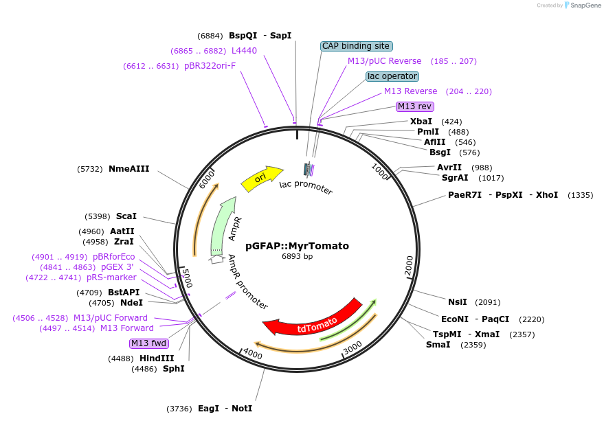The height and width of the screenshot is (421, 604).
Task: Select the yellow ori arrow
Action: (x=262, y=178)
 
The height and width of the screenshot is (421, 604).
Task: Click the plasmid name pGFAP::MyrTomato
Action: (x=297, y=245)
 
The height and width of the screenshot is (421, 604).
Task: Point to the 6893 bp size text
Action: (x=297, y=256)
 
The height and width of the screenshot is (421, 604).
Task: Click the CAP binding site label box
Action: (x=356, y=46)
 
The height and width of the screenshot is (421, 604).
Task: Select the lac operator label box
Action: (x=392, y=76)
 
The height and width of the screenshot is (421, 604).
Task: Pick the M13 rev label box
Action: (x=415, y=106)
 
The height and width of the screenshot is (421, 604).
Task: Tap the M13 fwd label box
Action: (x=148, y=343)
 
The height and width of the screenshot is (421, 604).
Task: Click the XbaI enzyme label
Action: (x=421, y=122)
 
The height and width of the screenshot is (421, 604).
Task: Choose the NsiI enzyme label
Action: (x=457, y=301)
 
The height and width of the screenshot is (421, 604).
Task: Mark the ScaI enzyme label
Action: (x=126, y=216)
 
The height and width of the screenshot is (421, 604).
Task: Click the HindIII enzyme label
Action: (x=158, y=359)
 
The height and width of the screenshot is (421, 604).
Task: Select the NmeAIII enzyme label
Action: (x=128, y=168)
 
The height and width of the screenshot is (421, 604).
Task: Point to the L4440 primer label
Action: (x=244, y=51)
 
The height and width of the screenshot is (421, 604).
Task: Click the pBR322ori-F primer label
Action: (x=210, y=66)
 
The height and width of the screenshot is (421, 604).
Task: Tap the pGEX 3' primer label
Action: (x=118, y=267)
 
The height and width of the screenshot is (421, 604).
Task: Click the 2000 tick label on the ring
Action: (x=410, y=264)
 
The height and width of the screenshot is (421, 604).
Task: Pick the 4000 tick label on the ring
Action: (x=253, y=354)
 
